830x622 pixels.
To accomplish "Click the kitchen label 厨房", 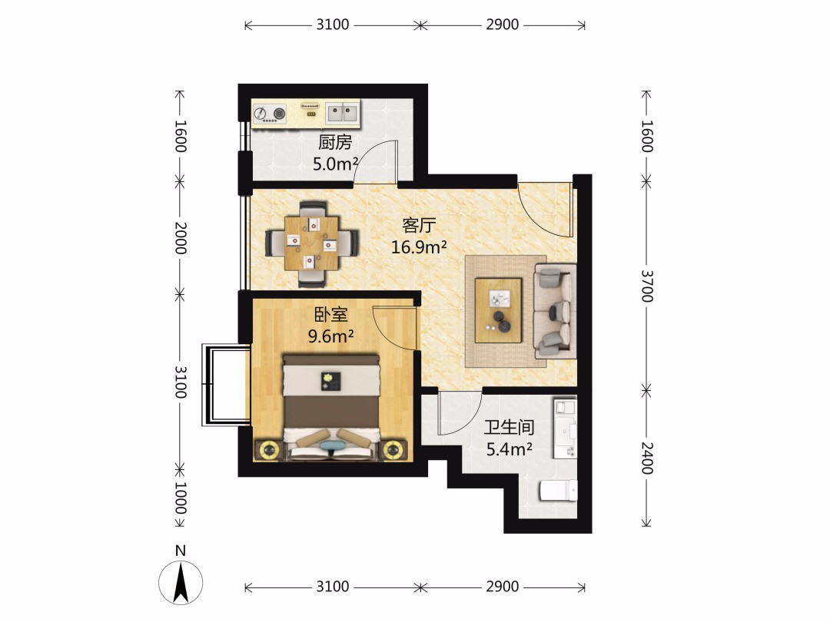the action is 335,142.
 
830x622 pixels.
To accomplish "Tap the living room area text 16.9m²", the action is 419,247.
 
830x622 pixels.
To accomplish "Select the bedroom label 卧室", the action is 330,315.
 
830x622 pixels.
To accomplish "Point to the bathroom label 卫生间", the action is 510,428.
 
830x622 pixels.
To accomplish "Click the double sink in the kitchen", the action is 342,113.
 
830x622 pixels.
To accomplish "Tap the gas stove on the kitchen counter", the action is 270,113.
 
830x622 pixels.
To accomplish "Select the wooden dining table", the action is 312,243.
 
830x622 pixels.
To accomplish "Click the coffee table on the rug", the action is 498,310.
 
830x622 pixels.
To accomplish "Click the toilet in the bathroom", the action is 558,490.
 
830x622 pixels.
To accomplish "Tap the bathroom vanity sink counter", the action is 565,428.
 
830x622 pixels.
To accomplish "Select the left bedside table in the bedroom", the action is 270,450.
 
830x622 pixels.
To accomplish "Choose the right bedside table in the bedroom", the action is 392,450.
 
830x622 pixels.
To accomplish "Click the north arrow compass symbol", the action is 181,582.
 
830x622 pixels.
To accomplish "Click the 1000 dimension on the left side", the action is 181,498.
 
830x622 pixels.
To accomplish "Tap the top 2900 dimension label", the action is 503,25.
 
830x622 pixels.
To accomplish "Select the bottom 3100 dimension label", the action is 333,586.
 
